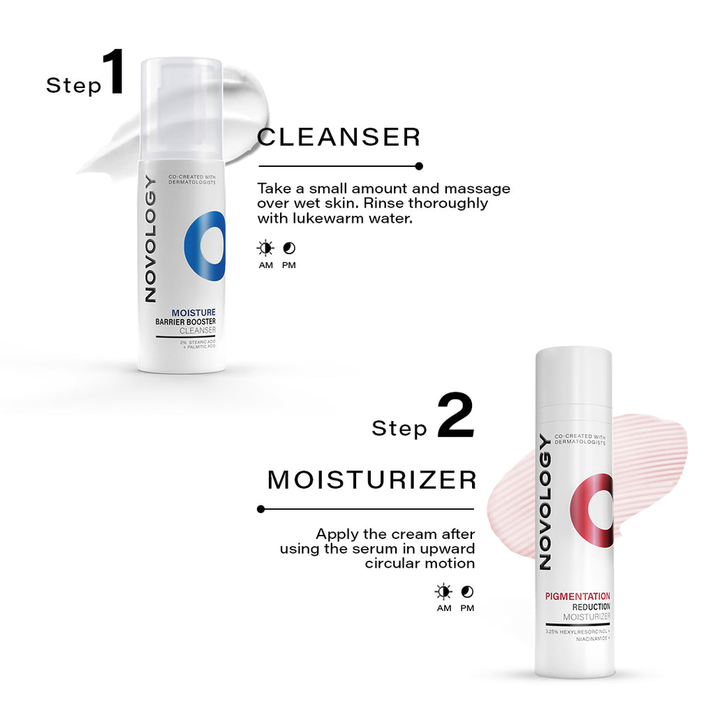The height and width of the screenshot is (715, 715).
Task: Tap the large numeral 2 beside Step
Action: [455, 415]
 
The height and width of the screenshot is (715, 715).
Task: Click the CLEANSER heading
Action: [339, 138]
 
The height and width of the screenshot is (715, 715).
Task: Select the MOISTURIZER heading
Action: [371, 480]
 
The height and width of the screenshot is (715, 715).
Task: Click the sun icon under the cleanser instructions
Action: [265, 249]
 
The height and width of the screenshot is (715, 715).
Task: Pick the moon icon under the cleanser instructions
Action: [289, 249]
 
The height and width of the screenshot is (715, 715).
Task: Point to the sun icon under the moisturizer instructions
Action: [443, 592]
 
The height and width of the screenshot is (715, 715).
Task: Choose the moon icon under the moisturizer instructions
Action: [467, 592]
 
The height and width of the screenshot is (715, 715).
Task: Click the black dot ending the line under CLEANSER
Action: [419, 166]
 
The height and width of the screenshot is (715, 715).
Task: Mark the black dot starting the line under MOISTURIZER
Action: [261, 509]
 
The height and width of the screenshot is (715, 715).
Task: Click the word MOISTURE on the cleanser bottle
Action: [193, 313]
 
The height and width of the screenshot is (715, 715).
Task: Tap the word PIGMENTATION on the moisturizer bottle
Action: [577, 596]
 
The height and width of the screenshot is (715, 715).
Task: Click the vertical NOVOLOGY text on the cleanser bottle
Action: [151, 239]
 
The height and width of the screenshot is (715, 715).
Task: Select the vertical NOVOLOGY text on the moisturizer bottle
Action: [545, 501]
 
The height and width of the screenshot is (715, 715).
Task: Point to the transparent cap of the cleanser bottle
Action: [182, 108]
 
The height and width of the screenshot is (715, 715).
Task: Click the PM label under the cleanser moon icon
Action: [288, 265]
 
